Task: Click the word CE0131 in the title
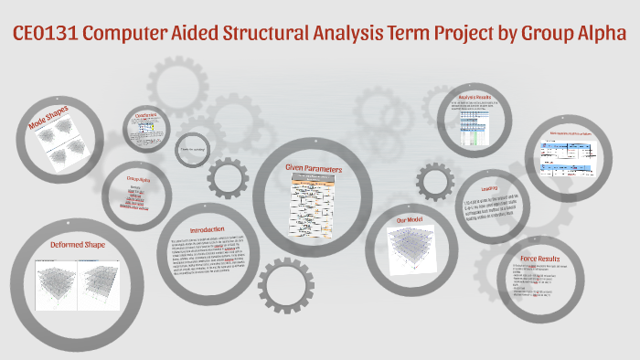(48, 35)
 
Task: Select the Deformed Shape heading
(79, 245)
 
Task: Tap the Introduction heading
(208, 229)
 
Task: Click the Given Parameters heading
(313, 168)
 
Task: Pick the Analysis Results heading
(474, 97)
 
